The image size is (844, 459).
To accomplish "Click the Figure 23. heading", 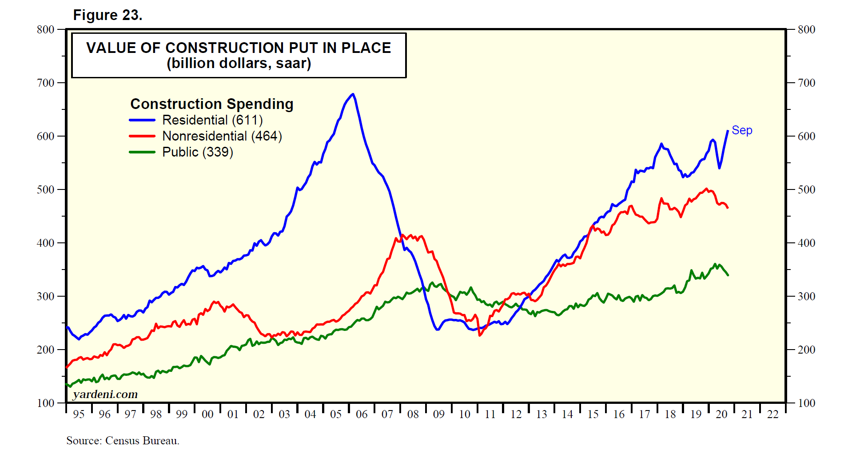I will [107, 15].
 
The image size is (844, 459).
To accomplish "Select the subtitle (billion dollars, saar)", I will [239, 64].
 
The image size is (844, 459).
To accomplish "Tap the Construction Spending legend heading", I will [212, 104].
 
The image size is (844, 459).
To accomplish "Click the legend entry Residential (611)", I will [212, 120].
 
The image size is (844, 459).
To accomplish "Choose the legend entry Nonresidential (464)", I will [222, 136].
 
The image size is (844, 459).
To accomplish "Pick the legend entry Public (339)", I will [198, 152].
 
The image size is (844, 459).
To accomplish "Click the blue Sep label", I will [742, 130].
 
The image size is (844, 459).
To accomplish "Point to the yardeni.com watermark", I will [105, 395].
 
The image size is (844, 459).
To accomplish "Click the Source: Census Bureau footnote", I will [123, 441].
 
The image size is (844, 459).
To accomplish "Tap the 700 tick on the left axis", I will [45, 83].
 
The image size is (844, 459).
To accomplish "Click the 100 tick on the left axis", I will [45, 403].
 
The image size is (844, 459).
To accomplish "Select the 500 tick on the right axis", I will [806, 189].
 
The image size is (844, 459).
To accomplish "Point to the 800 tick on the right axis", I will [806, 29].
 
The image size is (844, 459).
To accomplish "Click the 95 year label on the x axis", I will [79, 415].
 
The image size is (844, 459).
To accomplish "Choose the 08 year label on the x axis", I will [413, 415].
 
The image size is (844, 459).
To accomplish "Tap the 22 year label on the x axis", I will [773, 415].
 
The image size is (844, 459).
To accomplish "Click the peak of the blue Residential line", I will [353, 94].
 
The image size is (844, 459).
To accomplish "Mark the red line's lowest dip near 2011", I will [480, 335].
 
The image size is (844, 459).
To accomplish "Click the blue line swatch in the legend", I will [142, 120].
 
